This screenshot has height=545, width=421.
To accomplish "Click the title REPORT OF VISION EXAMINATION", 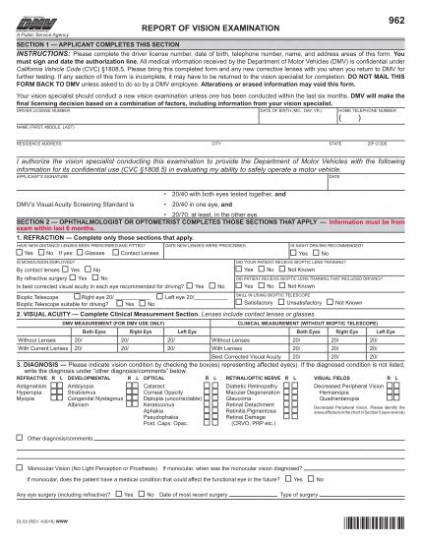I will pyautogui.click(x=210, y=30).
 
